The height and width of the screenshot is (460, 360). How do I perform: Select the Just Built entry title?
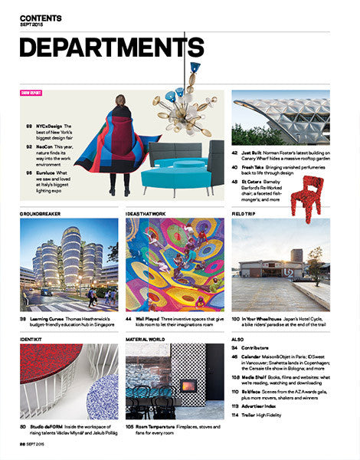(253, 153)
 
